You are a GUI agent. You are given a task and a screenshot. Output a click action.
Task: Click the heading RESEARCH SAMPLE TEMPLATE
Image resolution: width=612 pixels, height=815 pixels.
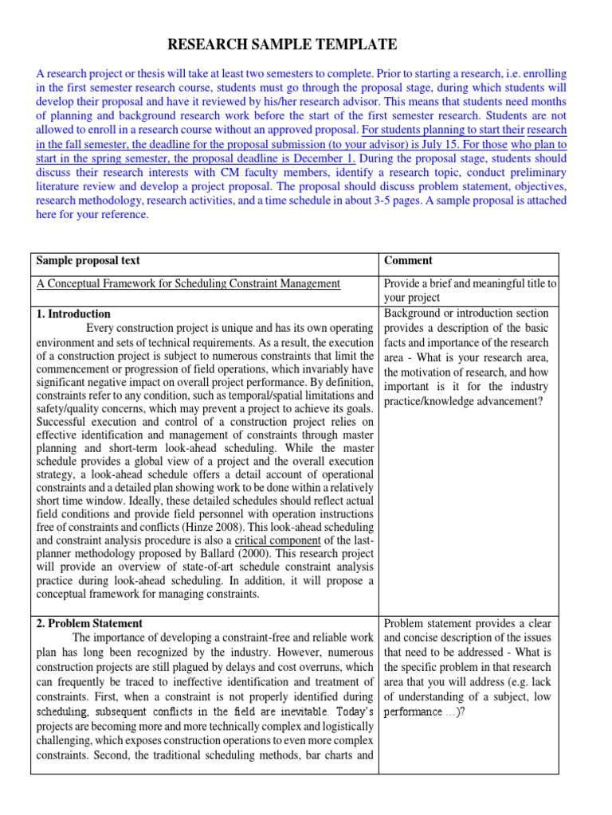282,44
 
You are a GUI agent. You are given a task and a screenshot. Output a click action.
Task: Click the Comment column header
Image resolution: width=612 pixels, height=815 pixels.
408,260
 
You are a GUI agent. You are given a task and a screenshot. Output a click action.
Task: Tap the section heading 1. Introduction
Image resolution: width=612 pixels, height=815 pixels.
73,314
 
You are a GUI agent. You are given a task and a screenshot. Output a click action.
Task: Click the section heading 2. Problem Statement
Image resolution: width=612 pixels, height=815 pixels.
89,623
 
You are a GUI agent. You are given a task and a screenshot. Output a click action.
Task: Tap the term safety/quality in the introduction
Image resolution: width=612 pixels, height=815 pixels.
69,409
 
